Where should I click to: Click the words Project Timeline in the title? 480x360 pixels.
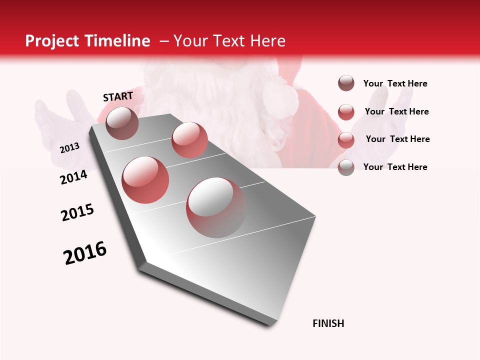(x=87, y=41)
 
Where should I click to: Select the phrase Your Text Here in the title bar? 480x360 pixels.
(x=229, y=41)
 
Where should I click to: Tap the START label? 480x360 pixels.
(x=118, y=96)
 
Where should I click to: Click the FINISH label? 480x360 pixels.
(x=328, y=323)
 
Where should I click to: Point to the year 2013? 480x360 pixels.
(x=69, y=148)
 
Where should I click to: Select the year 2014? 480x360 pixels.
(x=73, y=177)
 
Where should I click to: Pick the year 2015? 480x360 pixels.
(x=77, y=212)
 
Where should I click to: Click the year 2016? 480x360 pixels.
(x=85, y=253)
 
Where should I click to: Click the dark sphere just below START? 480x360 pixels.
(x=122, y=123)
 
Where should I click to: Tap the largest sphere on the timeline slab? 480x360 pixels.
(x=216, y=207)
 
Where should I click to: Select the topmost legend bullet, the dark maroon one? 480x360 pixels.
(x=346, y=83)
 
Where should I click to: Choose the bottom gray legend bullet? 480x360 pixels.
(x=346, y=167)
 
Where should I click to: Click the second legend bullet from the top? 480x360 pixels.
(x=346, y=112)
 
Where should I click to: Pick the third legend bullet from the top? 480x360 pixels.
(x=346, y=140)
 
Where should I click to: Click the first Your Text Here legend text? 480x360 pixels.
(x=395, y=83)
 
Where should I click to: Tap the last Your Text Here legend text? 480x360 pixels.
(x=395, y=167)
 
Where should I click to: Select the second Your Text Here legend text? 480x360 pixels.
(x=397, y=111)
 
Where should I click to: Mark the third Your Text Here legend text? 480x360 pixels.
(x=398, y=139)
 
